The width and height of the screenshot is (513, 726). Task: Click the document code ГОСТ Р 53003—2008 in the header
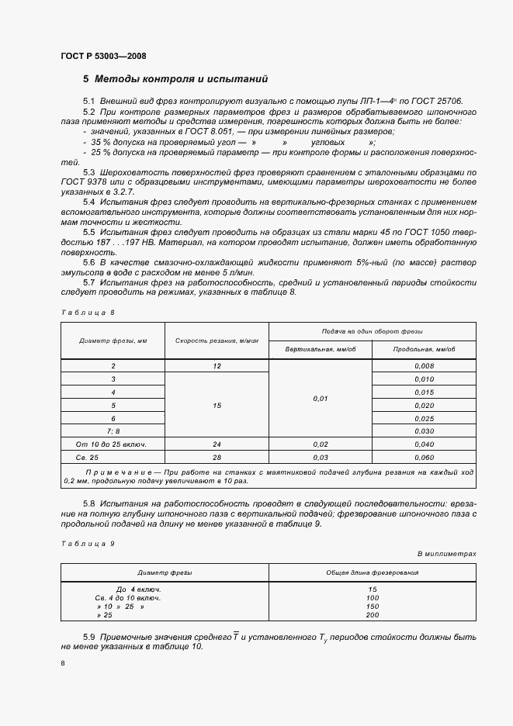[102, 57]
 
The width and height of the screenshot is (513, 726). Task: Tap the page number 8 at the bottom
[63, 663]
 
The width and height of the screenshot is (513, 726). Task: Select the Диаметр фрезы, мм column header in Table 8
[113, 341]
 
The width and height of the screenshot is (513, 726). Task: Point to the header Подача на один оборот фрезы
[373, 331]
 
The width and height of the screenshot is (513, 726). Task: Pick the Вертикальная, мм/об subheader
[321, 350]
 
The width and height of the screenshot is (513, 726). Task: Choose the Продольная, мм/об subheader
[424, 350]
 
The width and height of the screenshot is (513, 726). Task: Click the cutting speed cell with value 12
[217, 365]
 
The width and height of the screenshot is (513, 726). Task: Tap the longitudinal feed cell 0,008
[424, 365]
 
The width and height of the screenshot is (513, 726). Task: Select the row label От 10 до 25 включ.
[113, 444]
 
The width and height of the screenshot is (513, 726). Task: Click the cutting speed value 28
[217, 458]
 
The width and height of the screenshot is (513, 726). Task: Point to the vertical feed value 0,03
[321, 458]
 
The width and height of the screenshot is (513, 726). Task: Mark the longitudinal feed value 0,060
[424, 458]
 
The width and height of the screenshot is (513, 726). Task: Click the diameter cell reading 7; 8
[113, 431]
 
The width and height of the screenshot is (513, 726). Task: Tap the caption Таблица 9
[87, 544]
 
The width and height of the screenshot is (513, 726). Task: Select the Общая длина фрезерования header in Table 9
[373, 572]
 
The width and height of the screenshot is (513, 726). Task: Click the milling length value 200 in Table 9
[373, 615]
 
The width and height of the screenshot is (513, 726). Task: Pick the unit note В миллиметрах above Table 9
[446, 554]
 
